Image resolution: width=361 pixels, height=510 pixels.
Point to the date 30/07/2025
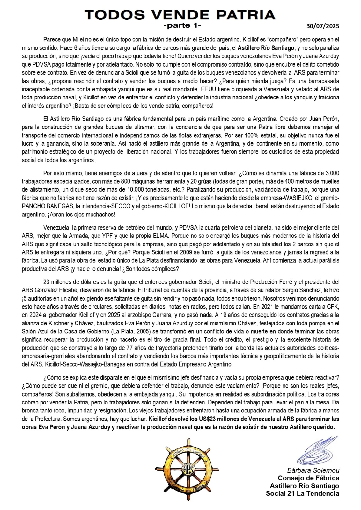click(323, 26)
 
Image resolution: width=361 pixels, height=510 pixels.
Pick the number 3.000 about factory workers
click(332, 173)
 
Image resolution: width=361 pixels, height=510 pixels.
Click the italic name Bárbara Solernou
click(313, 470)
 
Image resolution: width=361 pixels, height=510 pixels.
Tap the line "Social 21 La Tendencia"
click(303, 494)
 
